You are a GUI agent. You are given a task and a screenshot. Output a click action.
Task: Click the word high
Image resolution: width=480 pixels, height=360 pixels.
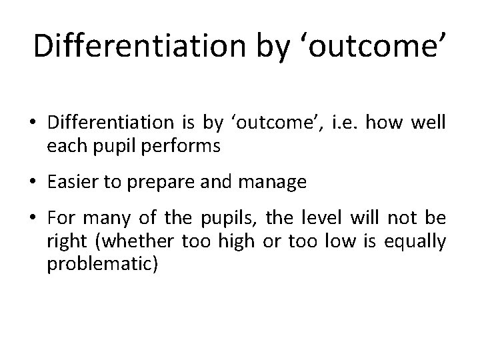(x=235, y=243)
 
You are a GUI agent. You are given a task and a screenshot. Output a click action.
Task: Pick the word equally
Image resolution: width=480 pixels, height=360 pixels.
(x=418, y=243)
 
